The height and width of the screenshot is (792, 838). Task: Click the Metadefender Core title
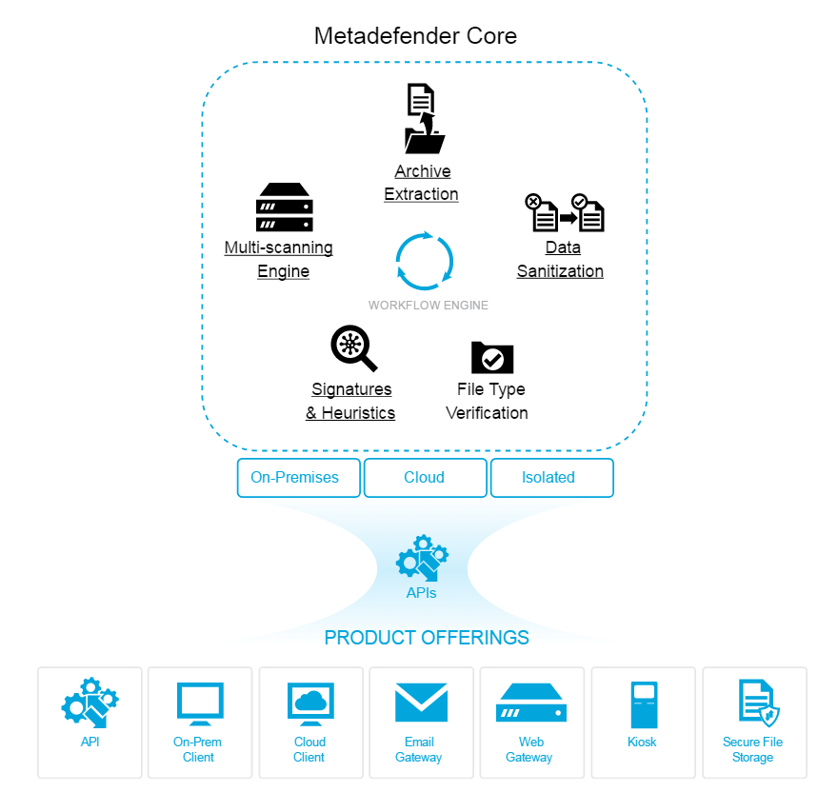pyautogui.click(x=415, y=36)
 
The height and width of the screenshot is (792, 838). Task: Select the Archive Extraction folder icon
pyautogui.click(x=425, y=119)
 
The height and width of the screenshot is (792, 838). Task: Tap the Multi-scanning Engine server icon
pyautogui.click(x=285, y=207)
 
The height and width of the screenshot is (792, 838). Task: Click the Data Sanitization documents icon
pyautogui.click(x=565, y=212)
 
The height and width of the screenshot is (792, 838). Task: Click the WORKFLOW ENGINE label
pyautogui.click(x=429, y=306)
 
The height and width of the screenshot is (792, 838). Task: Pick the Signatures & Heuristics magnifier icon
pyautogui.click(x=354, y=347)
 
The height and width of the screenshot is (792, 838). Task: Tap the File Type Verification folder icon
pyautogui.click(x=492, y=358)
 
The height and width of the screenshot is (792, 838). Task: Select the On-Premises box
pyautogui.click(x=299, y=478)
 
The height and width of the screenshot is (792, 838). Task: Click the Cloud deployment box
pyautogui.click(x=426, y=478)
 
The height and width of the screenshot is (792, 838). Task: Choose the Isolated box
pyautogui.click(x=552, y=478)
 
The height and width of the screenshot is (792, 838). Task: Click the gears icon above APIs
pyautogui.click(x=422, y=558)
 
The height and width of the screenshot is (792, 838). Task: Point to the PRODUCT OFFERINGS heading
pyautogui.click(x=427, y=638)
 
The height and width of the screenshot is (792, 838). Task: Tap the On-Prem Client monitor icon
pyautogui.click(x=200, y=703)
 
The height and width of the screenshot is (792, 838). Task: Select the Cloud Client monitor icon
pyautogui.click(x=310, y=703)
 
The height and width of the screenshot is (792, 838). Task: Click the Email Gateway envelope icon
pyautogui.click(x=421, y=703)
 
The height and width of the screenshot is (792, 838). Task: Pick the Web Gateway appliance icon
pyautogui.click(x=531, y=703)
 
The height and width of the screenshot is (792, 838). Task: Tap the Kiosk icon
pyautogui.click(x=644, y=704)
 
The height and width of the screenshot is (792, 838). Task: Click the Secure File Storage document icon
pyautogui.click(x=758, y=703)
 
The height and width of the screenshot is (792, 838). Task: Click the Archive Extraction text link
pyautogui.click(x=421, y=183)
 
